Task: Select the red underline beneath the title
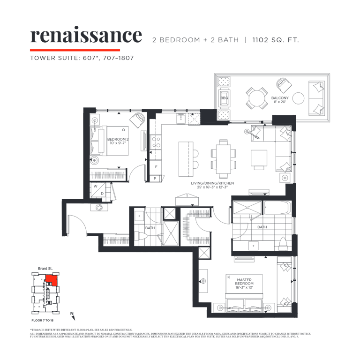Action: coord(75,49)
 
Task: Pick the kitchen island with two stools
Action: coord(185,158)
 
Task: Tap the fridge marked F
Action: coord(155,166)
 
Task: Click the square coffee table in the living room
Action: coord(259,158)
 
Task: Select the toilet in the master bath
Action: coord(283,244)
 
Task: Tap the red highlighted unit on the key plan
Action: coord(52,280)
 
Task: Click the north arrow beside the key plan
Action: coord(71,313)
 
